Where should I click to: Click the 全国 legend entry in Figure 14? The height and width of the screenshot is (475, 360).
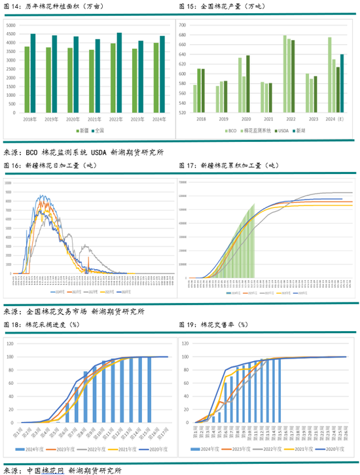tap(98, 130)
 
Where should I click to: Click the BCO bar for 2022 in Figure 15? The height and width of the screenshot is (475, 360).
tap(285, 74)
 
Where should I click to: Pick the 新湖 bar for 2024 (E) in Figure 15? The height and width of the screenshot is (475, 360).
tap(342, 82)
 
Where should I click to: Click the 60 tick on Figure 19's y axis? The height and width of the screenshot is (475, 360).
tap(185, 382)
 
